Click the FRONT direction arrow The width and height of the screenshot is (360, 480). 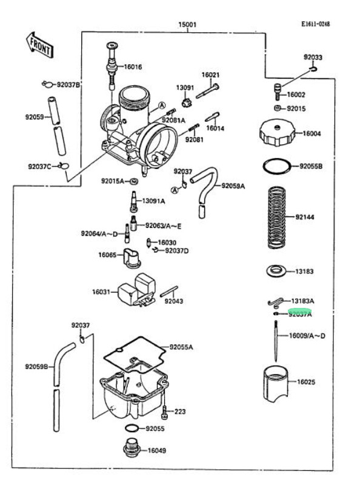[39, 45]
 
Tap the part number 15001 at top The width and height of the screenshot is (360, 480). [187, 24]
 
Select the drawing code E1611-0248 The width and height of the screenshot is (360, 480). [316, 24]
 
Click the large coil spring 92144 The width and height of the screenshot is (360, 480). [277, 217]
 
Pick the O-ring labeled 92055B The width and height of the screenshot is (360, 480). [277, 167]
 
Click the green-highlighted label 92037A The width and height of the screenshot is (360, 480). [300, 314]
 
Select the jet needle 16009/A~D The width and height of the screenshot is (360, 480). [276, 341]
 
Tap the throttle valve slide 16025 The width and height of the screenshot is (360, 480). [276, 384]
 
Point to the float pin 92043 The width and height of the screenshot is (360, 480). [168, 291]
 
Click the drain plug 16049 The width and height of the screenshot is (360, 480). [132, 448]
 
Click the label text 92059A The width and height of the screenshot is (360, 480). [233, 186]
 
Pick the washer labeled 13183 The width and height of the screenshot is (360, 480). [276, 271]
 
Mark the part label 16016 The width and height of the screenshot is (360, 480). [133, 67]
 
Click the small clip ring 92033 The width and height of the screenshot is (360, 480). [313, 69]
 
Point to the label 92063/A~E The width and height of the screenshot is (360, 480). [163, 226]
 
